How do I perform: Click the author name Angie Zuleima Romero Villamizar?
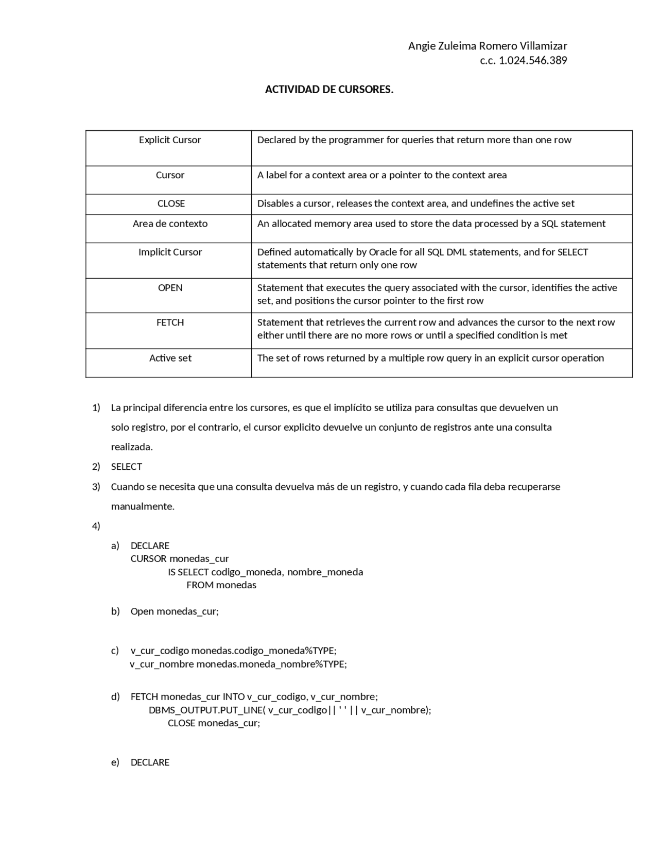click(x=487, y=46)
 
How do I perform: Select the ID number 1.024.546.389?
click(x=533, y=60)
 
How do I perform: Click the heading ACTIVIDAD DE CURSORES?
click(x=329, y=90)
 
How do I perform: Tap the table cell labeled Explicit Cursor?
click(x=169, y=140)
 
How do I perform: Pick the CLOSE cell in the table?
click(x=171, y=203)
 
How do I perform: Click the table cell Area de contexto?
click(x=170, y=224)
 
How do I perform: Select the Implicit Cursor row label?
click(x=170, y=252)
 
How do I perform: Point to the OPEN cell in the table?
click(x=170, y=287)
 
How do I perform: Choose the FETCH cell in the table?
click(x=170, y=322)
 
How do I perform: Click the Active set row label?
click(x=170, y=358)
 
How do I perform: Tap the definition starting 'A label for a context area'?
click(x=381, y=175)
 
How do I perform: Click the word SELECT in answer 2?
click(x=126, y=467)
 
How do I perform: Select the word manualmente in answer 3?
click(x=143, y=506)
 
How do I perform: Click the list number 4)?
click(x=96, y=526)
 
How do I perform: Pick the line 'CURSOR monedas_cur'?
click(x=179, y=559)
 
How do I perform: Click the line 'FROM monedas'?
click(x=221, y=585)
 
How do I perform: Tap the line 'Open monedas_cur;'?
click(x=175, y=611)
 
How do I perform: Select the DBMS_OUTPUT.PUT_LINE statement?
click(x=289, y=710)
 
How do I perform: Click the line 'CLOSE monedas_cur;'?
click(x=214, y=723)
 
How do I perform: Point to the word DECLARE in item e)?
click(x=150, y=762)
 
